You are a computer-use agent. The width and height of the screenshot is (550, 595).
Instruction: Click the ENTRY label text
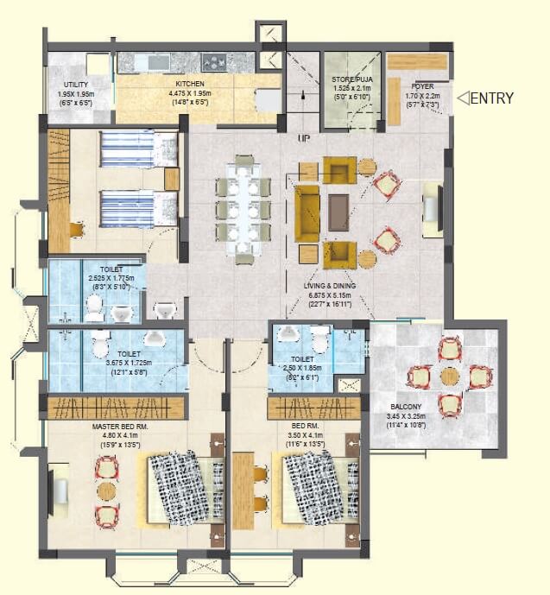(x=493, y=98)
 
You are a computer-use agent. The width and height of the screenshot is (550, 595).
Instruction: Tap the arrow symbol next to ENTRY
(x=463, y=98)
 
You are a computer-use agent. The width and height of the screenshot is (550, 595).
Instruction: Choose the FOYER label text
(x=421, y=86)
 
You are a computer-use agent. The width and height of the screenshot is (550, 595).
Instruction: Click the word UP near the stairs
(x=303, y=138)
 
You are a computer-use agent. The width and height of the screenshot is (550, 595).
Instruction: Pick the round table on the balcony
(x=450, y=377)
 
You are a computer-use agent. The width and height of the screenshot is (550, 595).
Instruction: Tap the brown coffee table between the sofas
(x=338, y=212)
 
